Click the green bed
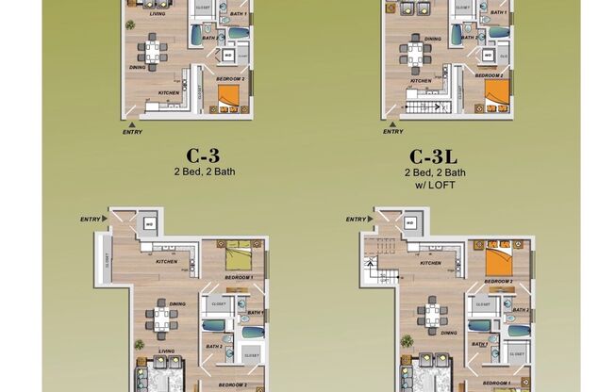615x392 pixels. pyautogui.click(x=239, y=255)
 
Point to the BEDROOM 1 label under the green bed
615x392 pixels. pyautogui.click(x=237, y=279)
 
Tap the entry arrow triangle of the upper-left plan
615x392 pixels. pyautogui.click(x=131, y=122)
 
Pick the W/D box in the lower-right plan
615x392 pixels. pyautogui.click(x=408, y=222)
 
